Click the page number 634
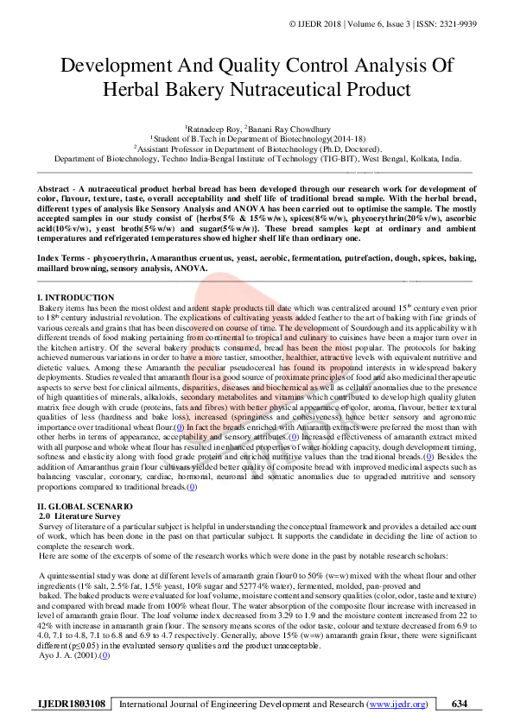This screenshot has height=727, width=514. click(x=460, y=704)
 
